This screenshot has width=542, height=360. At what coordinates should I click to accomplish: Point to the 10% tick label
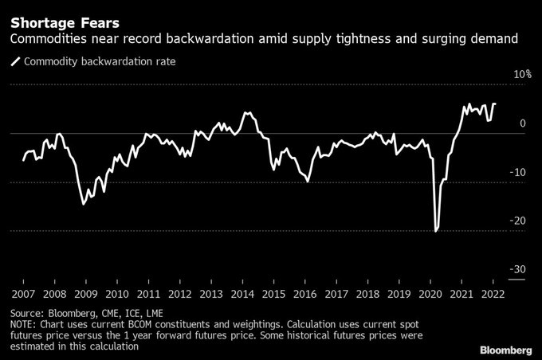[x=522, y=75]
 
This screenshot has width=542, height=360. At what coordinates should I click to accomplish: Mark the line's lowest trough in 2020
[x=435, y=231]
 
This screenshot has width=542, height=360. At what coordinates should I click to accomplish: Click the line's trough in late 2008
[x=84, y=204]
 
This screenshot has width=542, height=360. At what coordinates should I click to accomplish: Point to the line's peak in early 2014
[x=247, y=112]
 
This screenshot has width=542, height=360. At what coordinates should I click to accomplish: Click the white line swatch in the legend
[x=14, y=61]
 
